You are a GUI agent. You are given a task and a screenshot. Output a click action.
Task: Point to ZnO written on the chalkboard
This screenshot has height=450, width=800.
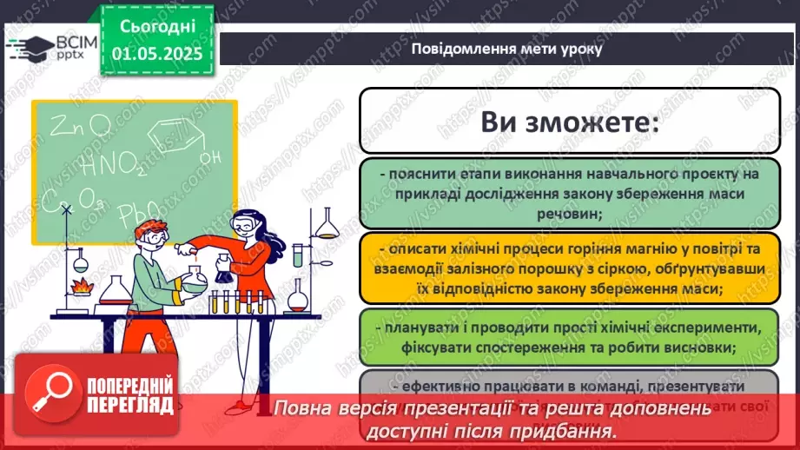coord(79,128)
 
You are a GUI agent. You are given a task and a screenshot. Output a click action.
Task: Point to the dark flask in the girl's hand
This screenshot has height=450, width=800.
coord(223,271)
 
